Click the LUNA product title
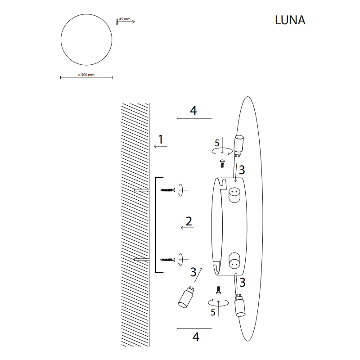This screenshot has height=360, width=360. (290, 20)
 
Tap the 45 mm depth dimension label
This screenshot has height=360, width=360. (125, 19)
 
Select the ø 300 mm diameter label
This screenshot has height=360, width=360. (86, 75)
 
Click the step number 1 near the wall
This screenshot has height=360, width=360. (161, 139)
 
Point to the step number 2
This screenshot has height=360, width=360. (189, 221)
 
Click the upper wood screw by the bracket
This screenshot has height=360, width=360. (167, 190)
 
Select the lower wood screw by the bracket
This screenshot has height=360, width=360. (167, 260)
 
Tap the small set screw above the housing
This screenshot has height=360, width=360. (222, 163)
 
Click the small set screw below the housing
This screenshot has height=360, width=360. (219, 290)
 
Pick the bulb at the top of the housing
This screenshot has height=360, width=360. (239, 146)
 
